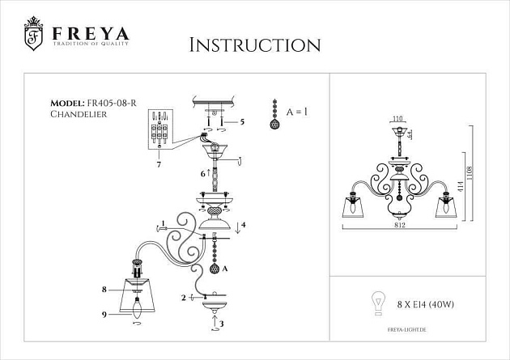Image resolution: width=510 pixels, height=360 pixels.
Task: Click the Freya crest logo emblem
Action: (33, 32)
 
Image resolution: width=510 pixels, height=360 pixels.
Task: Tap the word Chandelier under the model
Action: (77, 115)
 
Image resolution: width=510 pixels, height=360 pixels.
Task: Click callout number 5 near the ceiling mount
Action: (242, 121)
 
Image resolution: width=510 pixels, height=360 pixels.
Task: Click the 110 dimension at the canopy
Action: (397, 120)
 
